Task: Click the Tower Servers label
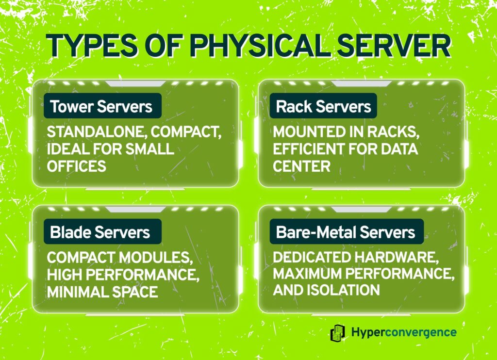101,106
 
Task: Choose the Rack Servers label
324,106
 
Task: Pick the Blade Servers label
100,232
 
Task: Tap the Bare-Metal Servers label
346,232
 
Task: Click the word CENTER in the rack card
301,166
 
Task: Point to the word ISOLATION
345,290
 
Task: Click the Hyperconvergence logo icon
337,333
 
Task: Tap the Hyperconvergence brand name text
403,333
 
